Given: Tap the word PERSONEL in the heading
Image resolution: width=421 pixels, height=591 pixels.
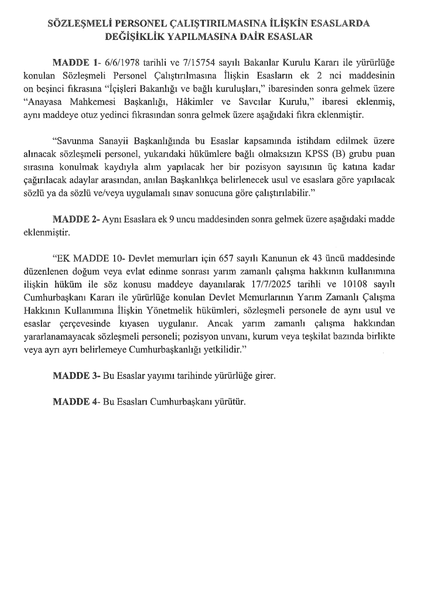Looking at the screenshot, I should [x=133, y=23].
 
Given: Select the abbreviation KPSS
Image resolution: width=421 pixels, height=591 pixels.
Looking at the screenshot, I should [x=318, y=154].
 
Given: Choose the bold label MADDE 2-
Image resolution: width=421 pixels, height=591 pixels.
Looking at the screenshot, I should [x=76, y=219].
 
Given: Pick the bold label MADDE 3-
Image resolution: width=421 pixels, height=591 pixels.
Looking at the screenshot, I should [x=76, y=376].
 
